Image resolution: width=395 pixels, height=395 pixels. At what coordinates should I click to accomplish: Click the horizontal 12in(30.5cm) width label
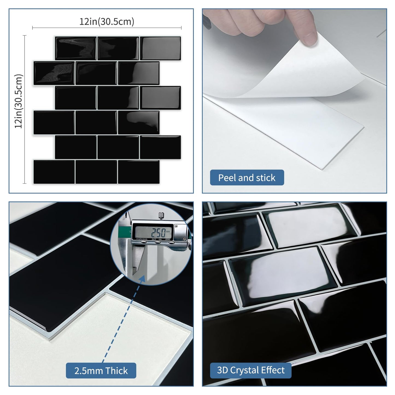(107, 22)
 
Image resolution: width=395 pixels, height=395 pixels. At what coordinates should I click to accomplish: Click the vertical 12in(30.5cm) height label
(19, 101)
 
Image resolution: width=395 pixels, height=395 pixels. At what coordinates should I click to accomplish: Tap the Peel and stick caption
(247, 178)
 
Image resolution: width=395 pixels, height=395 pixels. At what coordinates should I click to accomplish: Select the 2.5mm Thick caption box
(101, 371)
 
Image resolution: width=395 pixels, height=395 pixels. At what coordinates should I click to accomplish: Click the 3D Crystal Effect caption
(251, 370)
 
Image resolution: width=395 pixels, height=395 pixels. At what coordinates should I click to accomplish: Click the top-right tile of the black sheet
(160, 48)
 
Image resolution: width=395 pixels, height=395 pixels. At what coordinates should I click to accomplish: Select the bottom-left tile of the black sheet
(54, 172)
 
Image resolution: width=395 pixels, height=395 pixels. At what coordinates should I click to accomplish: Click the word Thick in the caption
(116, 371)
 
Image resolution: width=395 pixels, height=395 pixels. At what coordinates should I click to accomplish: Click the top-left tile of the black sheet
(76, 48)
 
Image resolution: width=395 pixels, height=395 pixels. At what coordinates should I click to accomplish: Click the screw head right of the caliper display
(176, 226)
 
